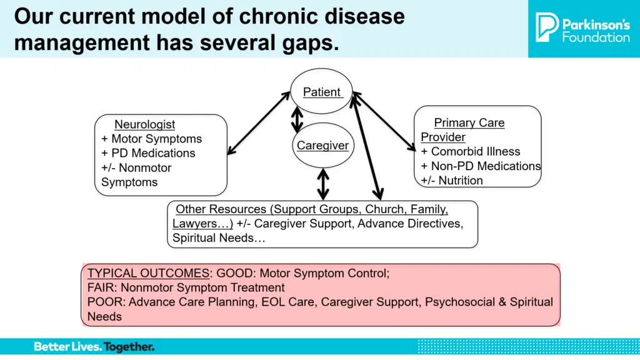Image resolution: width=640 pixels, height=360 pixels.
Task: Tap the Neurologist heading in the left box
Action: tap(144, 124)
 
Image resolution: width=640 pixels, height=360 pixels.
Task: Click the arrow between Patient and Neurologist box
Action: tap(258, 123)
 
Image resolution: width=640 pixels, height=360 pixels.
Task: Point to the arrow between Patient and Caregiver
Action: tap(297, 119)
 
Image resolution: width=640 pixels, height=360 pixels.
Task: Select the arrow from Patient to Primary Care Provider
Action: tap(384, 121)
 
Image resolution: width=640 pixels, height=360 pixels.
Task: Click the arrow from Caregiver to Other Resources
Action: tap(323, 184)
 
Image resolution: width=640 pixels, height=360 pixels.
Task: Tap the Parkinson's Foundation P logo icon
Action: tap(546, 27)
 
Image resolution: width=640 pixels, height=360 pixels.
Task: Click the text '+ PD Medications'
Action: tap(148, 153)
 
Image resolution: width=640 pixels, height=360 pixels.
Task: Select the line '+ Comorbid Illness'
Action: tap(471, 151)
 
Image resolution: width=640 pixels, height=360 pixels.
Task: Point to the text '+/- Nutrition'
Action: tap(452, 181)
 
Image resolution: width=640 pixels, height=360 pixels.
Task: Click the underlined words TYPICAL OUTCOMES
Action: tap(148, 273)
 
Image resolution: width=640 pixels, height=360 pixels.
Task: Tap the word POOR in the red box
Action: tap(105, 302)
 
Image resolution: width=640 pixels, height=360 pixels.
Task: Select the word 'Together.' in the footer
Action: tap(129, 347)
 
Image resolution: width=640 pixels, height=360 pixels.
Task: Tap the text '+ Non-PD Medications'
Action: tap(481, 166)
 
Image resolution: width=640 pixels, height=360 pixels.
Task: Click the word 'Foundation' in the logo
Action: tap(596, 37)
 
